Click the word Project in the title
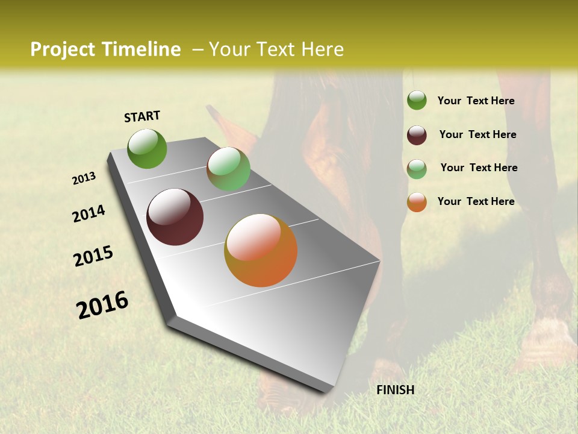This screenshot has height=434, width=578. (62, 49)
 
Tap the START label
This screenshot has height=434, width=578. (142, 116)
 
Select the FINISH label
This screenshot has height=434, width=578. (396, 390)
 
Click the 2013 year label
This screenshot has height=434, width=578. (84, 178)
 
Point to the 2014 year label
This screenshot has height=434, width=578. (89, 214)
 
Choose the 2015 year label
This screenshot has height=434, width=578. (93, 256)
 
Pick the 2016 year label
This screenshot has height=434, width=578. (103, 305)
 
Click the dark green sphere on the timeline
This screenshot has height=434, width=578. (148, 148)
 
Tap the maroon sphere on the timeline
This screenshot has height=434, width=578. (175, 217)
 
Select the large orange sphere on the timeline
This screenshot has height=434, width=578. (261, 250)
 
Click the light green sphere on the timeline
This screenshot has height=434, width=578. (228, 169)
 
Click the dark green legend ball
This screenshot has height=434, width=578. (417, 100)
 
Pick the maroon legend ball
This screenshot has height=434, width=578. (417, 134)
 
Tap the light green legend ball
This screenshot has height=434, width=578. (417, 168)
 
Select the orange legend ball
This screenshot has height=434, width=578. (417, 202)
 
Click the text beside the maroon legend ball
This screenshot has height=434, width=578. (477, 134)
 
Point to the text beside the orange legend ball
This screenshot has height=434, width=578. (476, 201)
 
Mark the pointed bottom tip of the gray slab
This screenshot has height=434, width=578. (325, 392)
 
